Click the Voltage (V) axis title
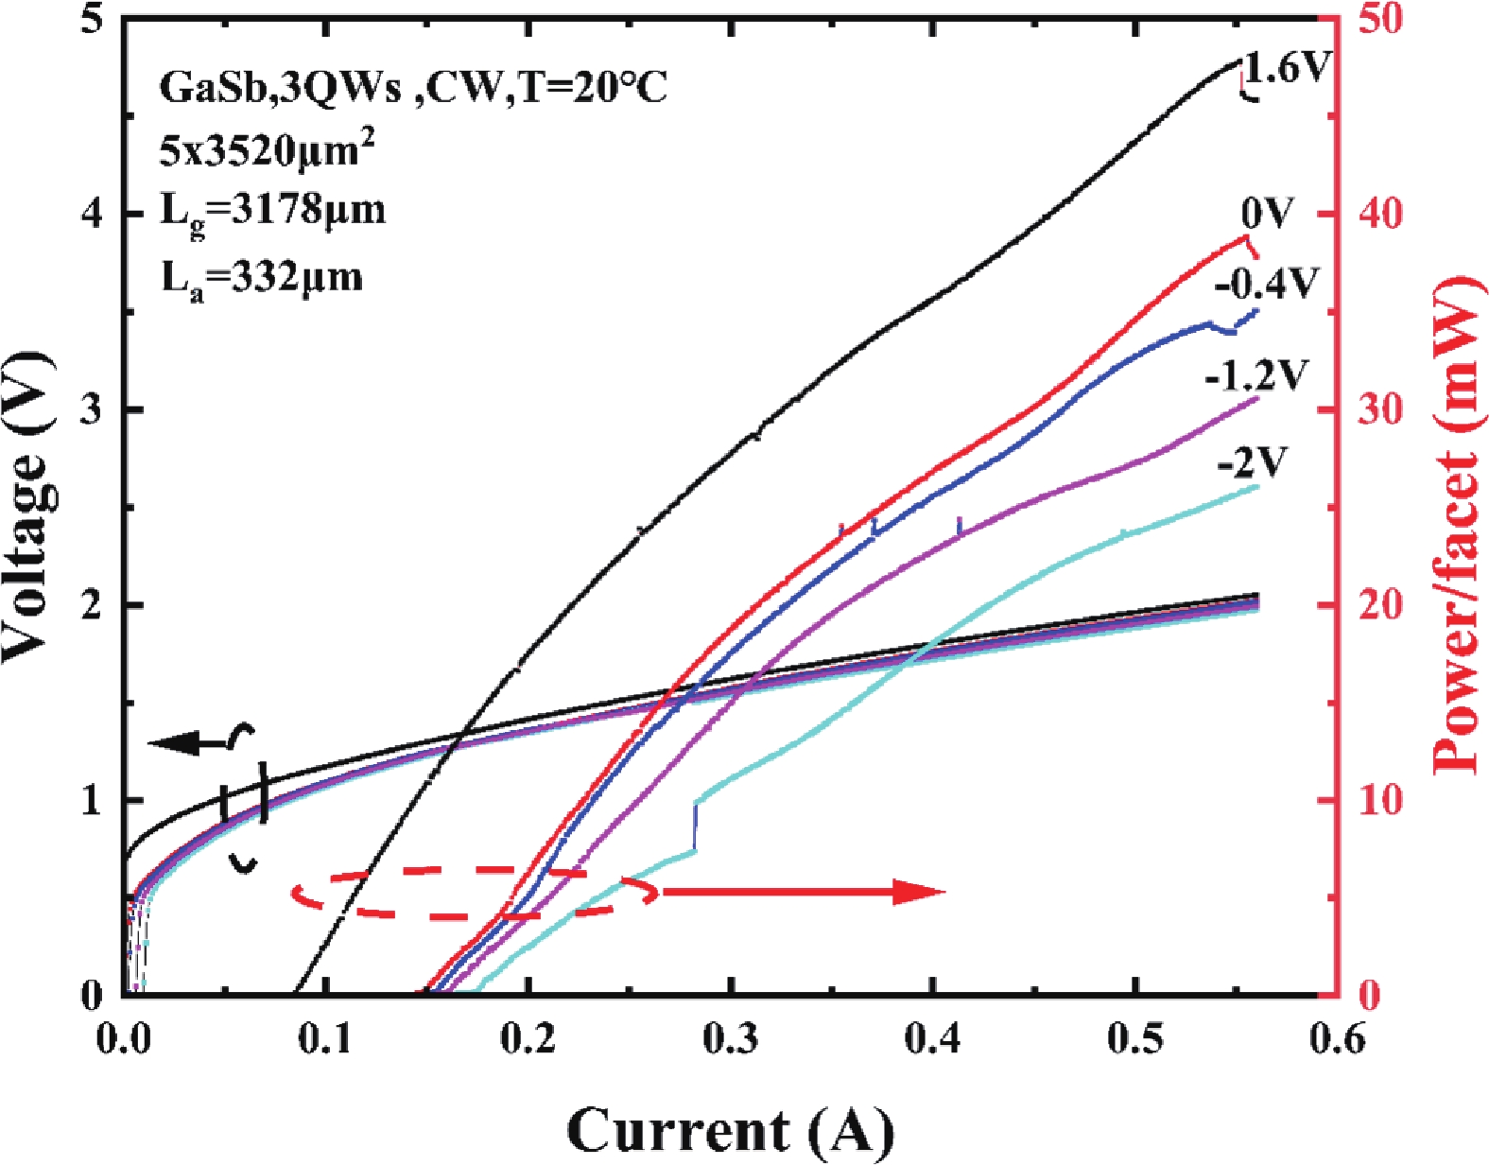tap(26, 506)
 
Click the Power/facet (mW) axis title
tap(1459, 525)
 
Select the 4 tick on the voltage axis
tap(91, 214)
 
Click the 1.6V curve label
tap(1287, 68)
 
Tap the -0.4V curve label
tap(1266, 282)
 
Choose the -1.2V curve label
tap(1255, 376)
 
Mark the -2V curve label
tap(1253, 463)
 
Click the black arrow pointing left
tap(189, 743)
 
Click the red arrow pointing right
tap(804, 891)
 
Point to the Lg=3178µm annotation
tap(272, 212)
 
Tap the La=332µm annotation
tap(261, 278)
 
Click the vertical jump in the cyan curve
tap(696, 826)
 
